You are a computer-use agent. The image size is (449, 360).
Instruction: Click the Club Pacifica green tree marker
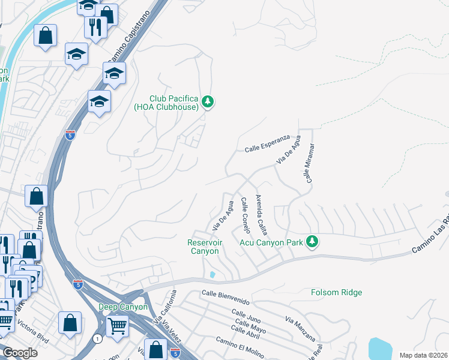click(x=208, y=102)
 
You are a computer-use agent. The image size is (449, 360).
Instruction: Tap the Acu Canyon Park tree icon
click(x=311, y=241)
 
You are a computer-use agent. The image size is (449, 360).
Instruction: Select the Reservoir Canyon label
click(x=203, y=247)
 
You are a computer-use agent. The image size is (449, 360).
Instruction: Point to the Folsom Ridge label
click(x=336, y=293)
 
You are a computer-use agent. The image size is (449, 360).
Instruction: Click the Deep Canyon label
click(x=122, y=307)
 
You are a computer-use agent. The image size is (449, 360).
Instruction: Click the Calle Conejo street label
click(x=246, y=215)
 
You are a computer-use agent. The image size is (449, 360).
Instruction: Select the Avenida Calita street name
click(x=262, y=214)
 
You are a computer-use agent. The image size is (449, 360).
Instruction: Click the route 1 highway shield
click(x=98, y=339)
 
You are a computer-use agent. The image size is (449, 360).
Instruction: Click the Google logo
click(x=20, y=353)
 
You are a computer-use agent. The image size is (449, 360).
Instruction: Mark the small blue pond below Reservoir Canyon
click(x=213, y=275)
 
